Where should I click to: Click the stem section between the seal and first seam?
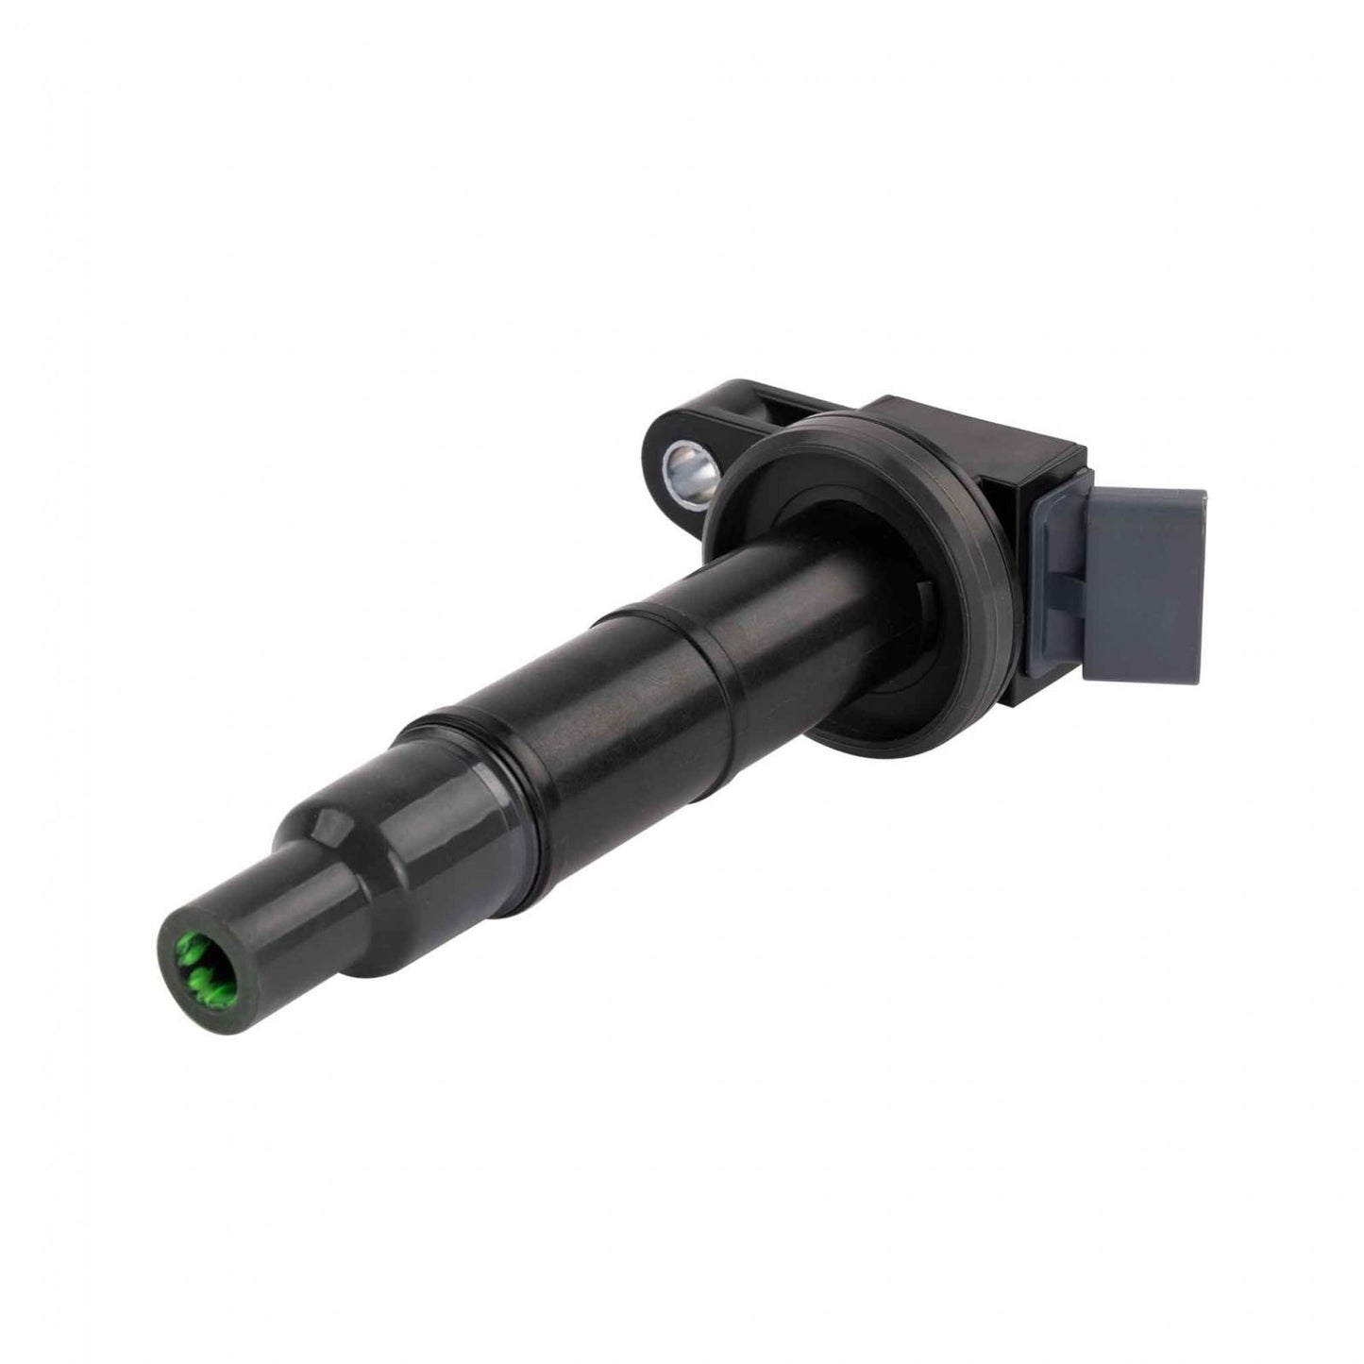pos(755,604)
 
